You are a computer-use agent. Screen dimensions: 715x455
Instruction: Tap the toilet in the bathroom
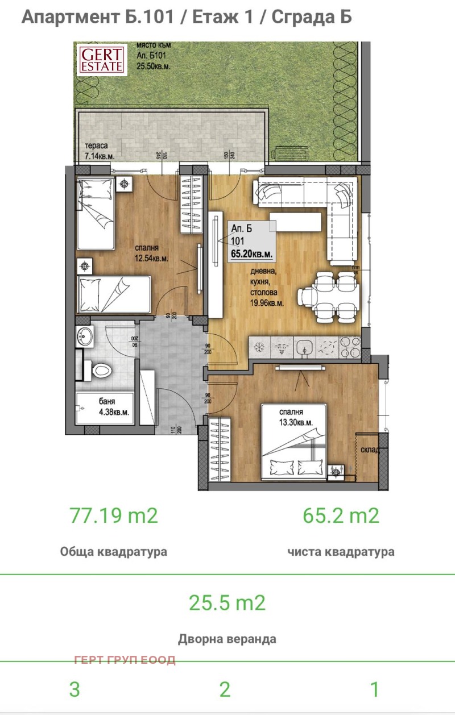pyautogui.click(x=101, y=371)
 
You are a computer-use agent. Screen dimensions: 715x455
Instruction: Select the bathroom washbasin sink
pyautogui.click(x=86, y=336)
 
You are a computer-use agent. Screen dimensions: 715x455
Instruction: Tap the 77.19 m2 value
pyautogui.click(x=113, y=516)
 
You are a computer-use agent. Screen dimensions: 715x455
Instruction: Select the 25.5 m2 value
pyautogui.click(x=227, y=602)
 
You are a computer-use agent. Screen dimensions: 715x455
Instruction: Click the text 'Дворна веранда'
pyautogui.click(x=227, y=639)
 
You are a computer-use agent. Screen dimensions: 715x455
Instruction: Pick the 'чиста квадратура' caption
pyautogui.click(x=341, y=552)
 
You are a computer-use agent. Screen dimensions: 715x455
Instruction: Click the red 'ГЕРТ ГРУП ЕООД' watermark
pyautogui.click(x=125, y=660)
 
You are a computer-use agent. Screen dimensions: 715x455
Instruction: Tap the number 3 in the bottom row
pyautogui.click(x=75, y=689)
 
